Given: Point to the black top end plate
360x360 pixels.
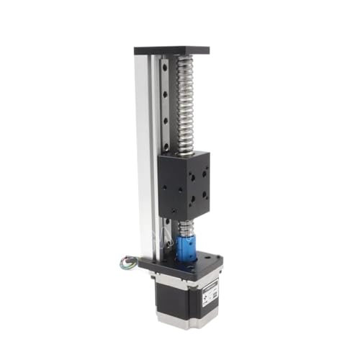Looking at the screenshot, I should click(x=171, y=51).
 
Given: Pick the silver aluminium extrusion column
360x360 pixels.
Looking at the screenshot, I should click(x=147, y=158).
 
